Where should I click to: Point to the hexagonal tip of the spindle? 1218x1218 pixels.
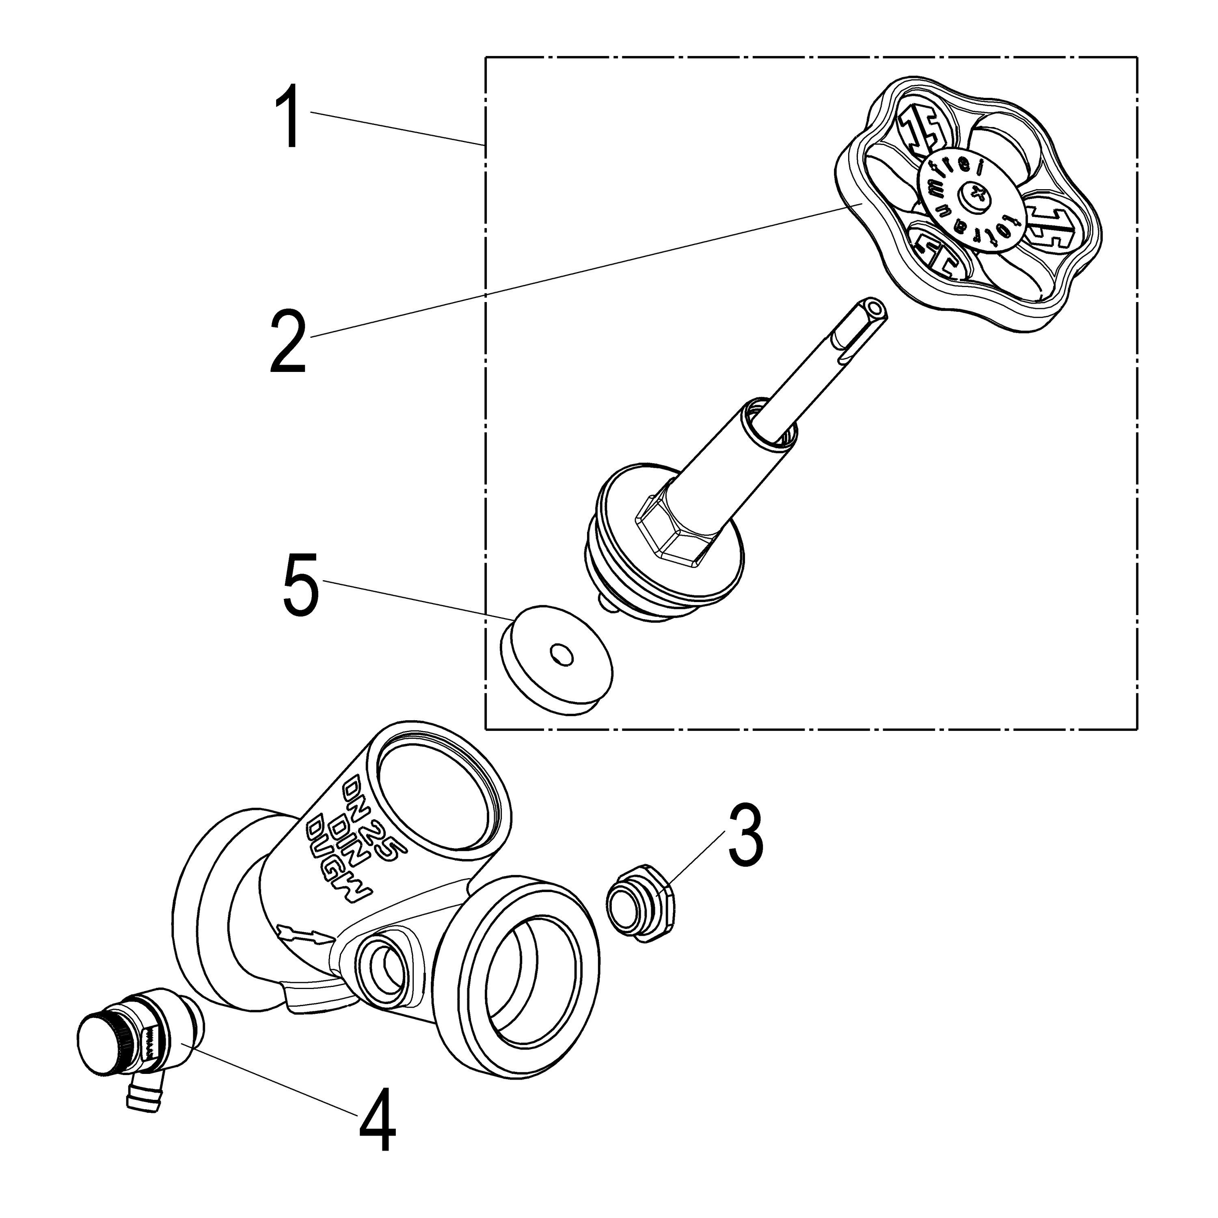[875, 309]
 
